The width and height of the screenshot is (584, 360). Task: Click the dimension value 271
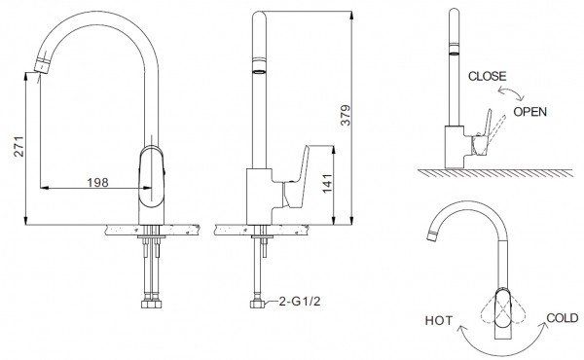click(x=18, y=147)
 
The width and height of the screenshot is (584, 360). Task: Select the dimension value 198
click(x=97, y=182)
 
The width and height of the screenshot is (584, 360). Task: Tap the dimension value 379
click(x=346, y=116)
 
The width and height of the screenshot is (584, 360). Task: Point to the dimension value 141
click(x=327, y=183)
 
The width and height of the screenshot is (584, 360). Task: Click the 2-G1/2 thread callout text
click(x=300, y=302)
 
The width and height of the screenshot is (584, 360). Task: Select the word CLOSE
click(x=488, y=76)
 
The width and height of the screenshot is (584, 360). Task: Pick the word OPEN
click(x=530, y=112)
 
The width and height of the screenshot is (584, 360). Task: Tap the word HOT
click(x=439, y=320)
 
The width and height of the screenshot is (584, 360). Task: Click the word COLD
click(x=563, y=318)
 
